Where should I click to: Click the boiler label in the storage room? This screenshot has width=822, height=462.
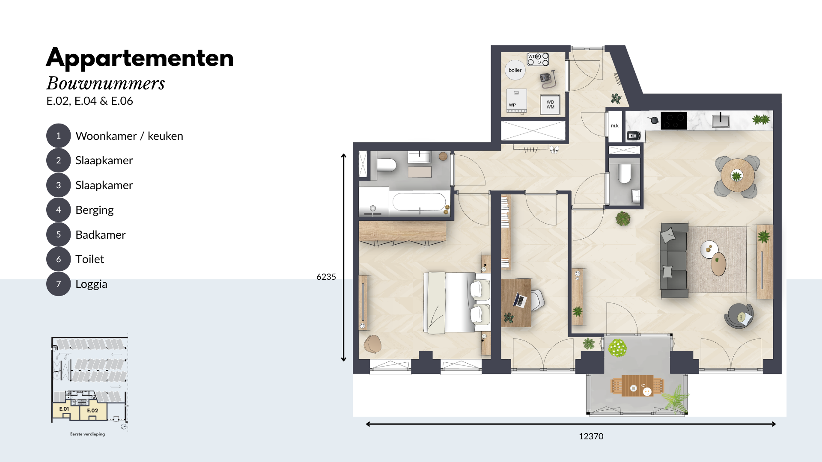(x=515, y=70)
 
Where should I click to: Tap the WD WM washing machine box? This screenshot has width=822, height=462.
(x=550, y=104)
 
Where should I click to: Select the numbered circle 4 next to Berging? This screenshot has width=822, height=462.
(x=58, y=210)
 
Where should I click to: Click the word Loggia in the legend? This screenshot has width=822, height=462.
(x=91, y=284)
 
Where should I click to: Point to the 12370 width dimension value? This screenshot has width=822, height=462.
(x=591, y=436)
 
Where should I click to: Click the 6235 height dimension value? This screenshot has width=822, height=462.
(x=326, y=277)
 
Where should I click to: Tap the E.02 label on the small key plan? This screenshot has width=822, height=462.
(x=92, y=411)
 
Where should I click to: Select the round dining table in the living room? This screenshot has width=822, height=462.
(x=737, y=175)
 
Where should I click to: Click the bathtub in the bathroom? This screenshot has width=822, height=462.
(x=419, y=202)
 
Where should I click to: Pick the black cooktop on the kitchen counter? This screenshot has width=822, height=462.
(x=674, y=121)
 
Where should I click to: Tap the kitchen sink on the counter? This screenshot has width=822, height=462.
(x=721, y=121)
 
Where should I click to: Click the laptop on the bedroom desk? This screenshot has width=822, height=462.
(x=520, y=300)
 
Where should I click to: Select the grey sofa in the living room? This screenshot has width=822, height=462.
(x=674, y=260)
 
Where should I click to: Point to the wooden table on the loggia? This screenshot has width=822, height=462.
(x=637, y=386)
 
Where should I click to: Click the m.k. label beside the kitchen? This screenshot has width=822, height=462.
(x=615, y=126)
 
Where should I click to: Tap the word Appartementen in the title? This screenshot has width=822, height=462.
(x=140, y=59)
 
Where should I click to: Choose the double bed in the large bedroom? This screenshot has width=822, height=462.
(x=457, y=302)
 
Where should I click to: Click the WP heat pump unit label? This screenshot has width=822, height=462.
(x=512, y=105)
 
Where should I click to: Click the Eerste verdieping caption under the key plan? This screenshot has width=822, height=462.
(x=87, y=434)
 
